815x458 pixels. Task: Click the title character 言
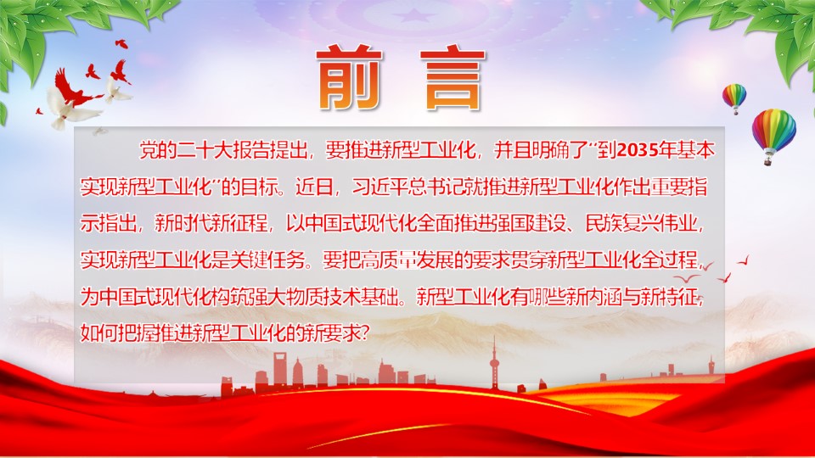tap(452, 78)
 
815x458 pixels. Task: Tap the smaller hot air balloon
tap(733, 98)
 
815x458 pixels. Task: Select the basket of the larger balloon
tap(767, 162)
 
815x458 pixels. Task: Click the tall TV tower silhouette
tap(494, 363)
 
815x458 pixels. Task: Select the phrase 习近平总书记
tap(408, 187)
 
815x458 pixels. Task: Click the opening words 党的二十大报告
tap(204, 151)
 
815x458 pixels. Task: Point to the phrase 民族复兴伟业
tap(641, 223)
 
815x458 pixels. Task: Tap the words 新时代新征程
tap(211, 223)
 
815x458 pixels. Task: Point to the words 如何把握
tap(117, 333)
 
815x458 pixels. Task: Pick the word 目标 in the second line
tap(260, 187)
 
